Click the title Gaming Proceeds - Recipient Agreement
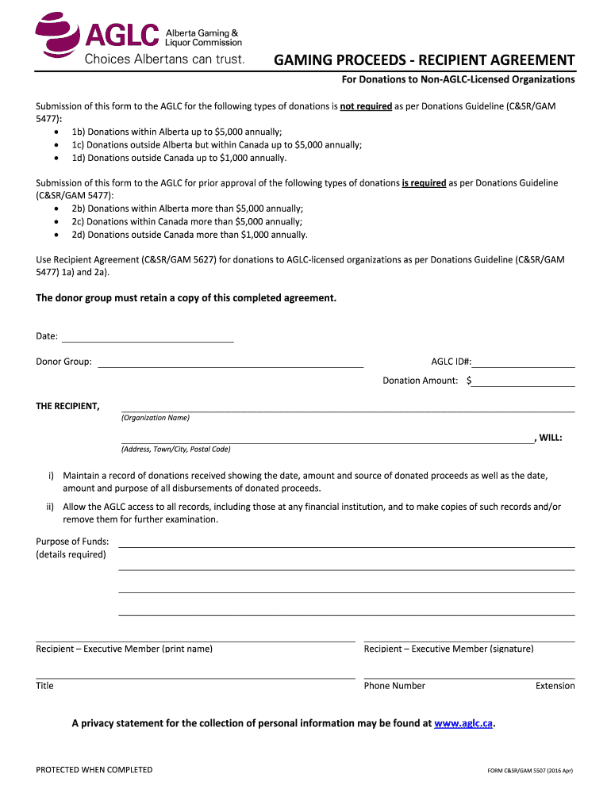[425, 60]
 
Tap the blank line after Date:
[147, 337]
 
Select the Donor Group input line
[229, 362]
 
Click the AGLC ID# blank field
[524, 362]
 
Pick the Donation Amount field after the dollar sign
[524, 381]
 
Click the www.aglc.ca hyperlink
[464, 723]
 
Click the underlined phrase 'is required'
[424, 183]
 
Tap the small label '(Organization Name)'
[156, 418]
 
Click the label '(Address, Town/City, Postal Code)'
[175, 450]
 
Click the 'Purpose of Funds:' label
[72, 542]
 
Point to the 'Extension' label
[555, 686]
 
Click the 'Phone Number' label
[394, 686]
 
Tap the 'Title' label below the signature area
[44, 686]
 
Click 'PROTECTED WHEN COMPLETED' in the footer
[94, 770]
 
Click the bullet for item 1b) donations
[55, 132]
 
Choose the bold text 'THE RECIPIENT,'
[67, 407]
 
